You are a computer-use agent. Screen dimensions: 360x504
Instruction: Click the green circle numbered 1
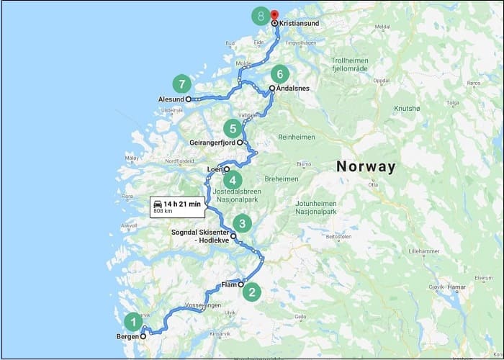(132, 321)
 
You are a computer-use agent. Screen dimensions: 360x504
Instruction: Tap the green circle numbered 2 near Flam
(251, 292)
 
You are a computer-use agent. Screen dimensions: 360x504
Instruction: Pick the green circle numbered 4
(233, 181)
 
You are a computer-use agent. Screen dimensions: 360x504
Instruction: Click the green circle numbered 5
(231, 130)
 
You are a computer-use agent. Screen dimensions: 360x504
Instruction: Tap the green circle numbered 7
(181, 83)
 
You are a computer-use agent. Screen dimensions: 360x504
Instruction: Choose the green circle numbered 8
(260, 15)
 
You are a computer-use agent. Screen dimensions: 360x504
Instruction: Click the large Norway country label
(366, 167)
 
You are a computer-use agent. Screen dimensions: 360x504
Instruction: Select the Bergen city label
(127, 336)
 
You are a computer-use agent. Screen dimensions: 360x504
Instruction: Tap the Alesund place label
(171, 99)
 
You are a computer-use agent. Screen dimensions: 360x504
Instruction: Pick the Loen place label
(215, 170)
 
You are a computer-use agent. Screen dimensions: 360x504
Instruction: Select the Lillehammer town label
(423, 251)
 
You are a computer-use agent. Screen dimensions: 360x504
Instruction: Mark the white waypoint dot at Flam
(241, 284)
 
